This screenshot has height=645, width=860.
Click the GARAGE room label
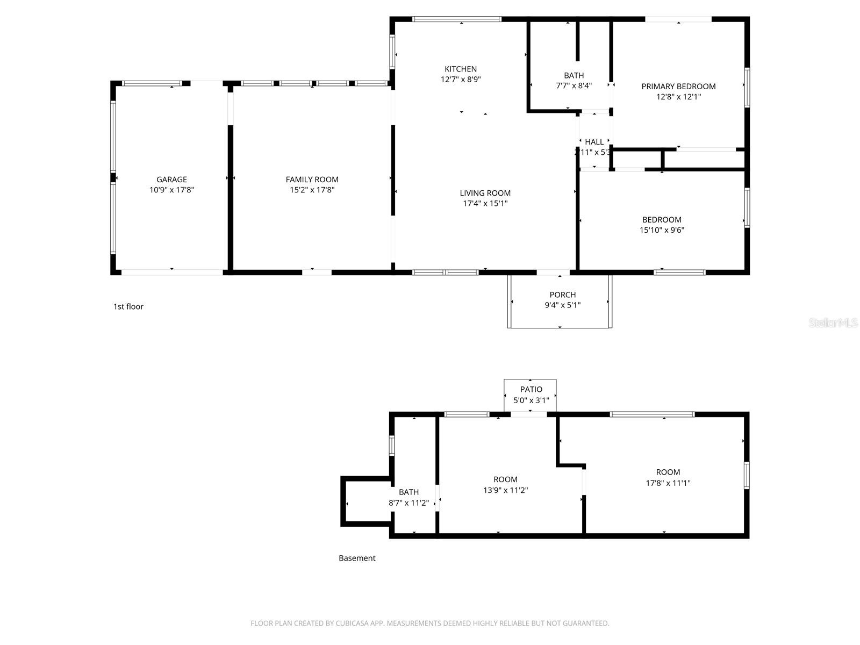click(171, 180)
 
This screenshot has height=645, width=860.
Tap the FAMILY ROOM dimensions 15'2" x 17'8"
click(312, 190)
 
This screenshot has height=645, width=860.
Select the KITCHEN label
click(461, 69)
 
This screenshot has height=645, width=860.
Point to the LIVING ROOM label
click(485, 193)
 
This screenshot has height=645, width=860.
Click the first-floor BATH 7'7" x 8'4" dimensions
click(574, 85)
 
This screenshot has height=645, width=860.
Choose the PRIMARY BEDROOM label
click(678, 86)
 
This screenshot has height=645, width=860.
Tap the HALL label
click(594, 142)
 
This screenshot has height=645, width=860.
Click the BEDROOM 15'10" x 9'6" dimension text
click(662, 230)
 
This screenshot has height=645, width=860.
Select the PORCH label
click(562, 295)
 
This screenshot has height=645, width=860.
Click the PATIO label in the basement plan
click(531, 389)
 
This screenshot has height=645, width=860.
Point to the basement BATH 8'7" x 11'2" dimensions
click(408, 503)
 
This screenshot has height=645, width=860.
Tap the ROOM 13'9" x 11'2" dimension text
click(505, 490)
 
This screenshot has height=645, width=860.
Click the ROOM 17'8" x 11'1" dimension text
click(668, 483)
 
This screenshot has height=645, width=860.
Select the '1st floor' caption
click(128, 306)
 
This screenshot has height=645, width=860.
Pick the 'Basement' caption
click(357, 558)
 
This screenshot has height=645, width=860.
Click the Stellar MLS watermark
click(833, 323)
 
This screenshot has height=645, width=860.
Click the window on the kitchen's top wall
click(456, 19)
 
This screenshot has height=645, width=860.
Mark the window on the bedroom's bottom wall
click(679, 273)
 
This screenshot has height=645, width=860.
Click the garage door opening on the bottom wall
click(172, 273)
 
